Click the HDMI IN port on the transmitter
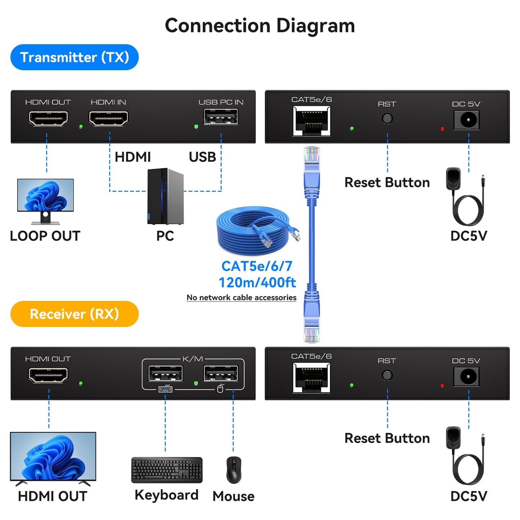click(108, 118)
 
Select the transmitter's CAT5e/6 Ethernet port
click(312, 122)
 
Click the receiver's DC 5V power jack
click(466, 377)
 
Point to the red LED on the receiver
click(442, 385)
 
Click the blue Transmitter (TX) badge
click(74, 57)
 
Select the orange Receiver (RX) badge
click(74, 314)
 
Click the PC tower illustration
click(165, 196)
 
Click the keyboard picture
click(167, 470)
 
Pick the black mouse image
click(234, 470)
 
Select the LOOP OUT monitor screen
click(45, 195)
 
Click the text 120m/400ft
click(257, 282)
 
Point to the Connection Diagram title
click(260, 26)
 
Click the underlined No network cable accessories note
click(241, 298)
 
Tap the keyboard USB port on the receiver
click(165, 374)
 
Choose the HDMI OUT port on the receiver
click(48, 375)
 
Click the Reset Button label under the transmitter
click(387, 182)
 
